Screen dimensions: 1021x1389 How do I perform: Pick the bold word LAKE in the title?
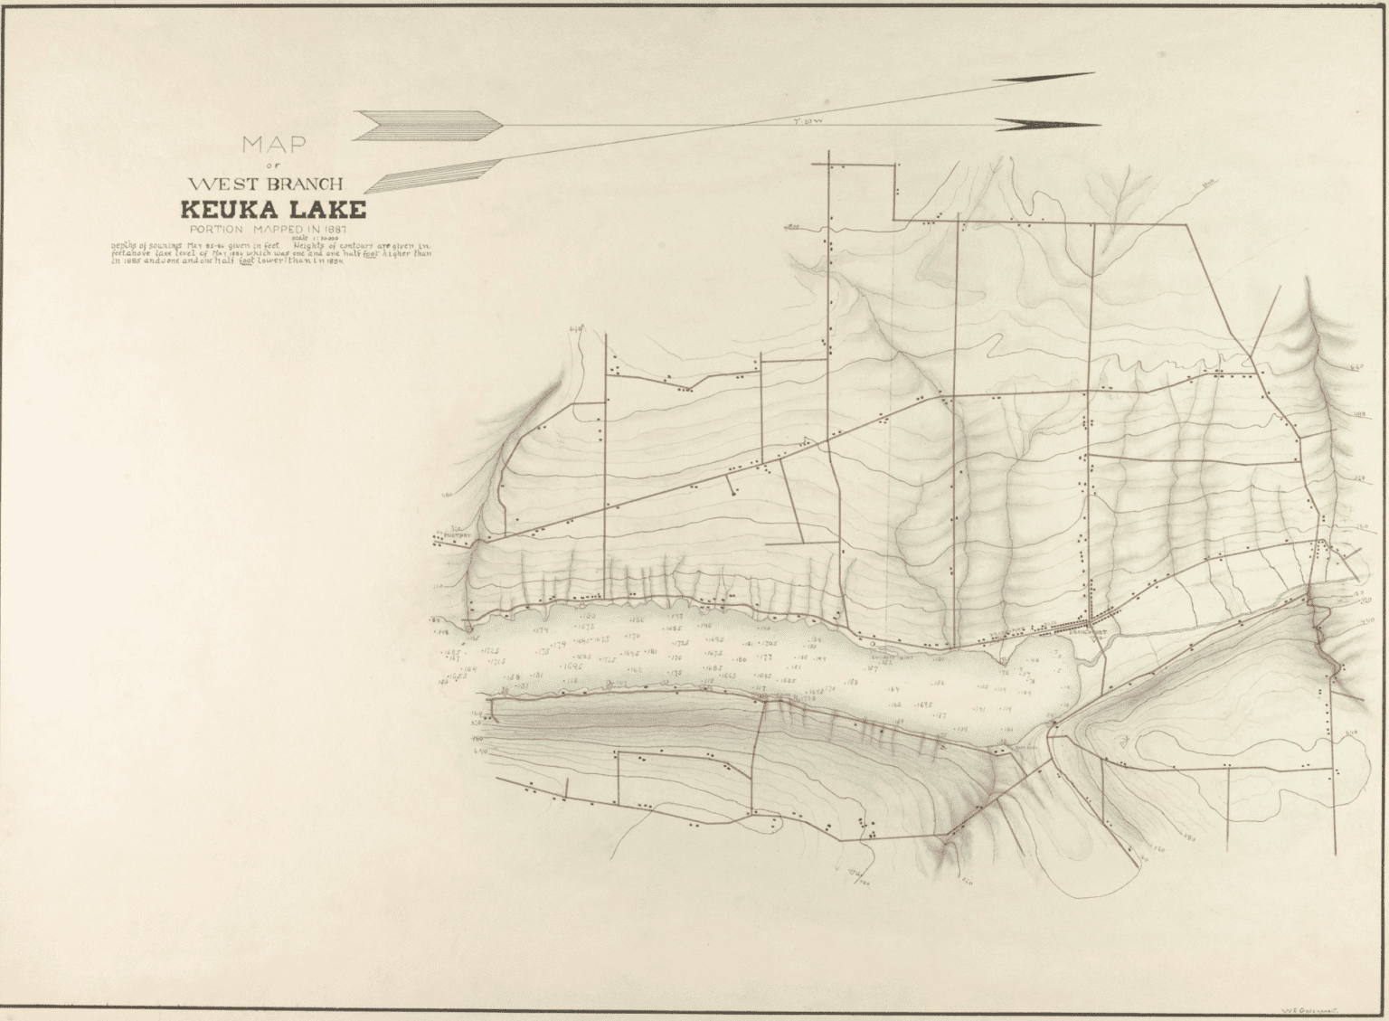click(329, 210)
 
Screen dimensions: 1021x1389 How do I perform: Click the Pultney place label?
click(452, 534)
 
